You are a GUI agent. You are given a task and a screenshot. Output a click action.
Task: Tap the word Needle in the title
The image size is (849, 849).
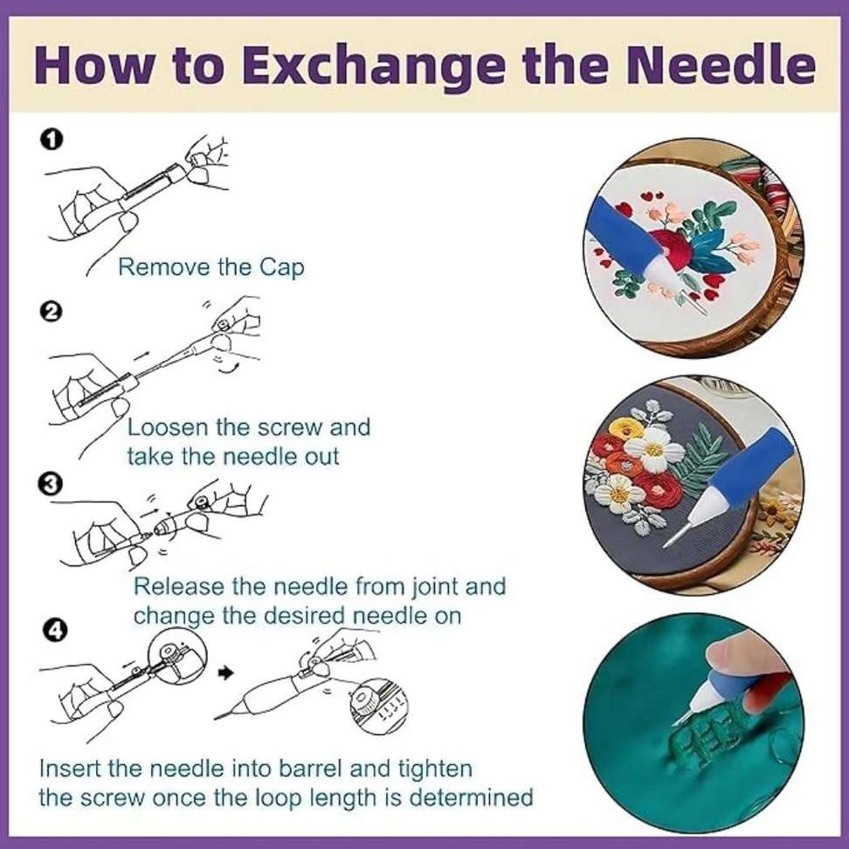click(x=721, y=65)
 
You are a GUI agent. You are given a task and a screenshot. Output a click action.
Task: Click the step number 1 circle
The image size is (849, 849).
click(x=52, y=140)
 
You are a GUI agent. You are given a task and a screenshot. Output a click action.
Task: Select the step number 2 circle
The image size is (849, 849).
click(x=51, y=312)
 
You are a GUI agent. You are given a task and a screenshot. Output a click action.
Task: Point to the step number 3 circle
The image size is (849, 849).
click(x=51, y=484)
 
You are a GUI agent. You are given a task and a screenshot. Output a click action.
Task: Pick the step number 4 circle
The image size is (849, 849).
click(x=55, y=631)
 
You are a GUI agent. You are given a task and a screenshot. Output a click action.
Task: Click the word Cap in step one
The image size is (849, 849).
click(x=281, y=267)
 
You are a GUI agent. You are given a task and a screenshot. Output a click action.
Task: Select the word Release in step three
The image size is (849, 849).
click(x=179, y=586)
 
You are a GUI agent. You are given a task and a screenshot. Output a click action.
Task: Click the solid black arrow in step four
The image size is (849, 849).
click(x=225, y=673)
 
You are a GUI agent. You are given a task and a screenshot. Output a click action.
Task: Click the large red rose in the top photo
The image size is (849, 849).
click(x=672, y=250)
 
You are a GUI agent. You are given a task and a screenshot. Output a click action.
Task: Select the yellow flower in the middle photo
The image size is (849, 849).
click(x=626, y=429)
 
